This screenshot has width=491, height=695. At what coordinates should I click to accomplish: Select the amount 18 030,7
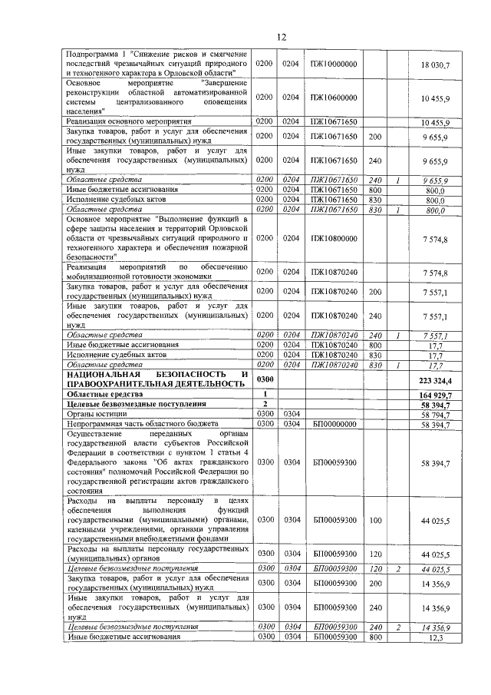point(435,64)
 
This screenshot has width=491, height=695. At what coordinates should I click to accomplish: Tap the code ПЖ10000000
point(334,64)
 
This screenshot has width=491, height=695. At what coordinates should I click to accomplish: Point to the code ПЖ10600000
point(334,97)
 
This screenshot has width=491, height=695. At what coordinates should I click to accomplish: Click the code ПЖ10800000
point(334,240)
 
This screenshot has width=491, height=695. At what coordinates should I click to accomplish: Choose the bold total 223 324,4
point(434,379)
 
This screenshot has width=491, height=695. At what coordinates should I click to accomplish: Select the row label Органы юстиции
point(92,413)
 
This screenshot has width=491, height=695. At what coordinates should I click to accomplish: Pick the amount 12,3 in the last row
point(437,637)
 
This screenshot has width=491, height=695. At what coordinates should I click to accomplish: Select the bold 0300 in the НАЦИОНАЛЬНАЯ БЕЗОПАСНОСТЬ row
point(265,379)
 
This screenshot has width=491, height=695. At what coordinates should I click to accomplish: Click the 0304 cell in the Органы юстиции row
point(291,413)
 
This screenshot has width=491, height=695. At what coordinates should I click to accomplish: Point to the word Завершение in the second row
point(223,81)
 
